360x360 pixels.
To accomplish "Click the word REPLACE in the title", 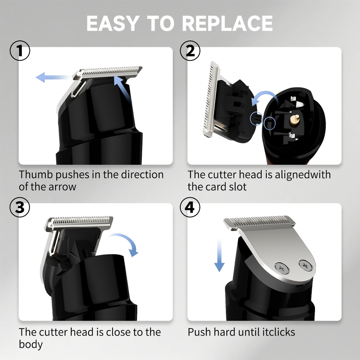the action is tap(228, 23).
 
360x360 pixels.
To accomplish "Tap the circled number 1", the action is tap(20, 51).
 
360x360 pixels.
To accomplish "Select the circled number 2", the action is tap(190, 51).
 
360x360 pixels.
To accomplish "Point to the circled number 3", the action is tap(20, 207).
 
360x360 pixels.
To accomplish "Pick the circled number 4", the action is tap(190, 207).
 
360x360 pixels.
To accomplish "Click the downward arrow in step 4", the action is tap(219, 255).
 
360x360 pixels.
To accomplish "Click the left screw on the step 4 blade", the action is tap(282, 268).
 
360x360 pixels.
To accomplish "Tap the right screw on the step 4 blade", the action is tap(306, 265).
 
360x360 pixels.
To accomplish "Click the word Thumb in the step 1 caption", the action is tap(36, 175).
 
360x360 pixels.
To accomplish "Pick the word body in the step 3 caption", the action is tap(31, 345).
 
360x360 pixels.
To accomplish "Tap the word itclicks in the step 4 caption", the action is tap(279, 332).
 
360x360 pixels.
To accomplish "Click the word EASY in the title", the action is tap(113, 23).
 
